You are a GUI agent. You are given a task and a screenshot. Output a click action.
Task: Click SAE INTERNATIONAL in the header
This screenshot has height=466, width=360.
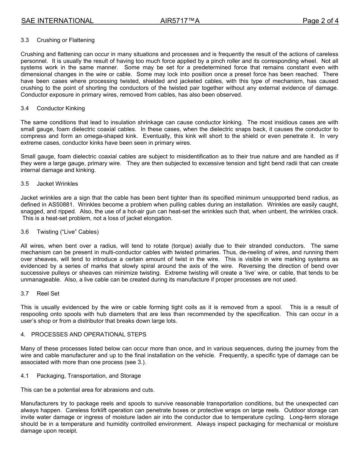click(57, 21)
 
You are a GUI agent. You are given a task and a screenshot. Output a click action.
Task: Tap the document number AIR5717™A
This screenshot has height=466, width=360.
click(180, 21)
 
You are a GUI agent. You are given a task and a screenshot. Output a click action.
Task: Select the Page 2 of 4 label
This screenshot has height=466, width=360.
click(320, 21)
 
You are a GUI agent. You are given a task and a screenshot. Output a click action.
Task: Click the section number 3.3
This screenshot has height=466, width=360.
click(25, 40)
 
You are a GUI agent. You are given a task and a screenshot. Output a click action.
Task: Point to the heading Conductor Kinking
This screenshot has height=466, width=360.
click(61, 108)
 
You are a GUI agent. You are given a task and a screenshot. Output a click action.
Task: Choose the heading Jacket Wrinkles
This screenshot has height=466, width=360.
click(57, 184)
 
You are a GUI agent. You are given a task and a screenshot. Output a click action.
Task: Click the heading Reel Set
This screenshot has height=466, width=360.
click(48, 294)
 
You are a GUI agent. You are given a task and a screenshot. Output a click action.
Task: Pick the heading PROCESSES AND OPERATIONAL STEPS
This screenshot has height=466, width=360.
click(89, 335)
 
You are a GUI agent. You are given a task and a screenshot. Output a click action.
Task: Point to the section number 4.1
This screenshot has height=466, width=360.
click(25, 376)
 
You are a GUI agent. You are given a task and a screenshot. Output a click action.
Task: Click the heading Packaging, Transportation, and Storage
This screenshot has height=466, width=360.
click(89, 376)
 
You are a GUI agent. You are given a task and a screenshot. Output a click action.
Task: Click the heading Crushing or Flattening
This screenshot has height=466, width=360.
click(66, 40)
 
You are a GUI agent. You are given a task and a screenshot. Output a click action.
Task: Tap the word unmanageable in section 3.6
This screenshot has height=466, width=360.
click(38, 280)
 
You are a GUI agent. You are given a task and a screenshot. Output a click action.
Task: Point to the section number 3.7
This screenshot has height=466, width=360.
click(25, 294)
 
